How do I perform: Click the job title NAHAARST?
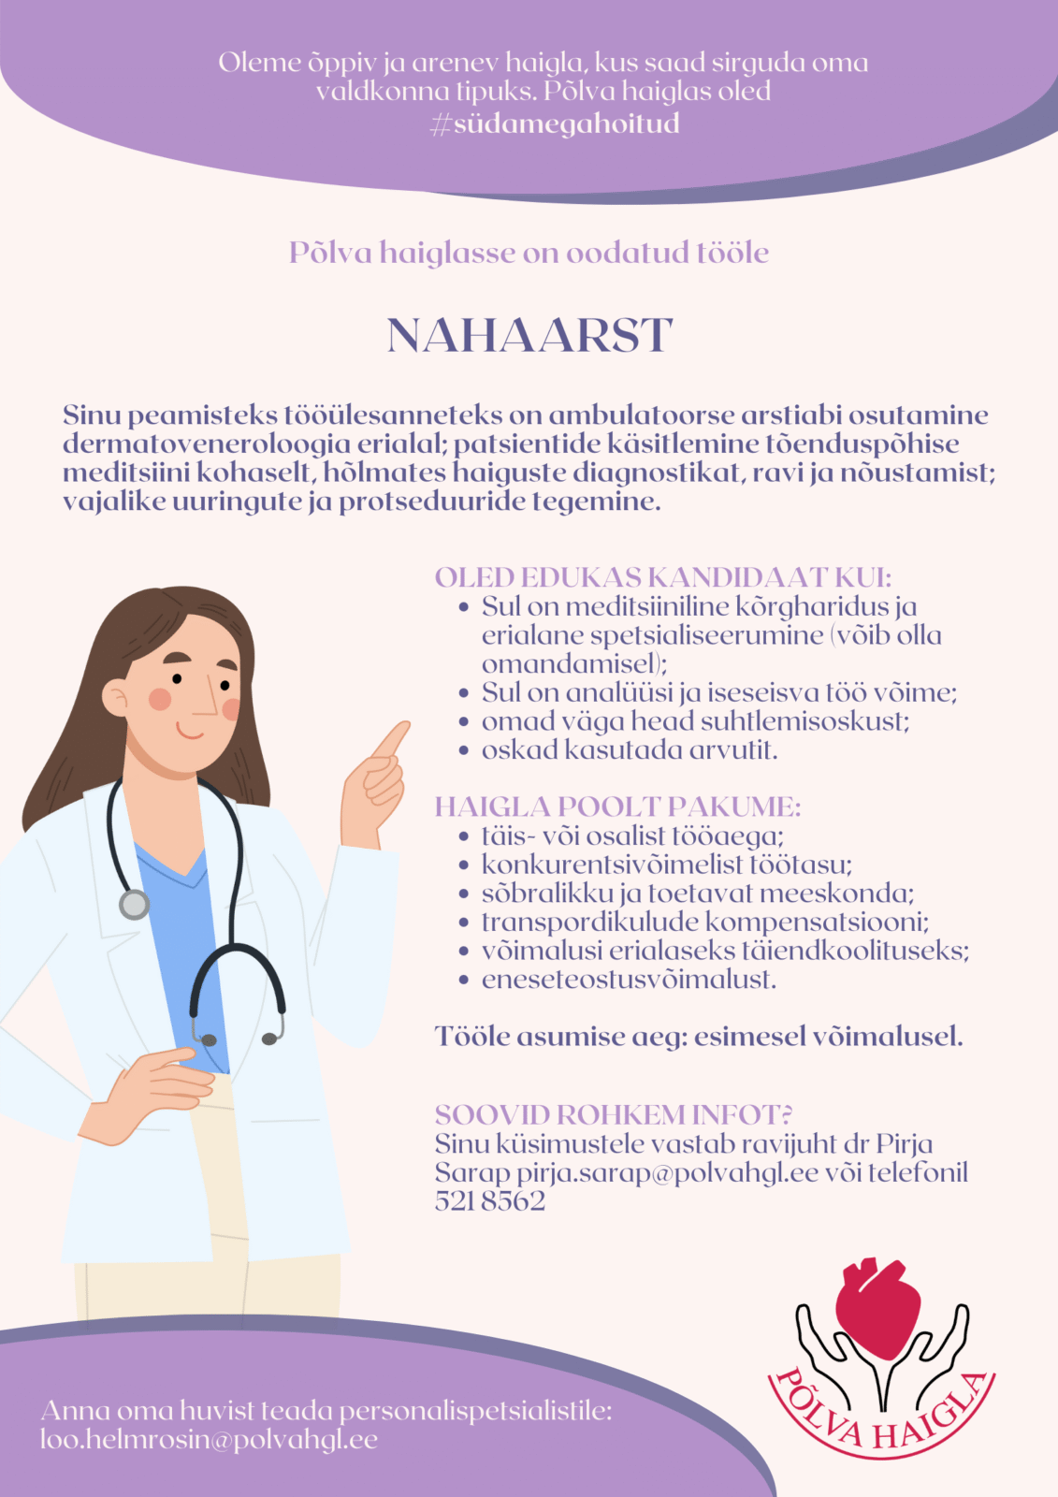point(529,335)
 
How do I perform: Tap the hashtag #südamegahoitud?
point(555,124)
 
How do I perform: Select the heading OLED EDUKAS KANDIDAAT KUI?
point(662,577)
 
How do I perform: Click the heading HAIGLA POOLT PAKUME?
point(617,807)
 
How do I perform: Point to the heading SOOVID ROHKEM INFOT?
point(614,1114)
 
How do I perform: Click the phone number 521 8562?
point(489,1201)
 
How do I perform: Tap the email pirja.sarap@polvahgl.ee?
point(667,1172)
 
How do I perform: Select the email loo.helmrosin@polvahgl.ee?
point(209,1439)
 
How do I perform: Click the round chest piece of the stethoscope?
point(134,904)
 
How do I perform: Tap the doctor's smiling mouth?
point(191,731)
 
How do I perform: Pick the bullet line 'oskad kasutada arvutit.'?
point(629,750)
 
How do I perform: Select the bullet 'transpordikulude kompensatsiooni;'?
point(704,922)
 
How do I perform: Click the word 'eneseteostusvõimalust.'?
point(629,980)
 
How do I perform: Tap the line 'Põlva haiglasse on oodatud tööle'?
point(529,253)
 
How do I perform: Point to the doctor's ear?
point(117,698)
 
